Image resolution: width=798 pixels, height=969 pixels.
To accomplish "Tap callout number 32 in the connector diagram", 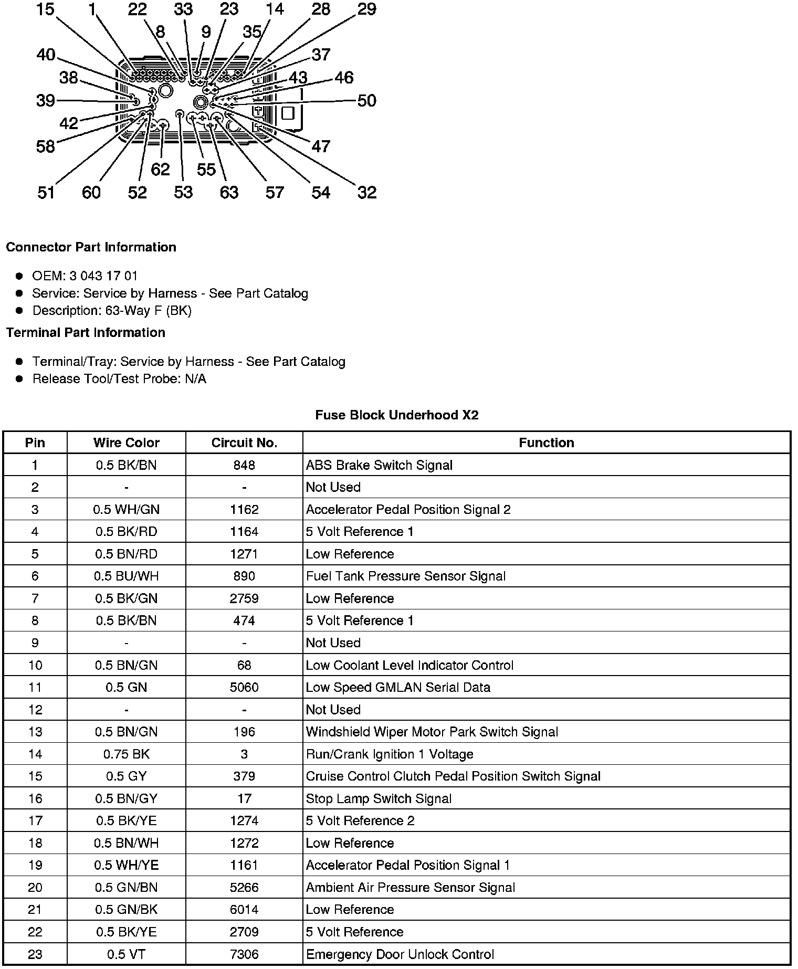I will tap(367, 192).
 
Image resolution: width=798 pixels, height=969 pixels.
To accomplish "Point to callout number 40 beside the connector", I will tap(46, 55).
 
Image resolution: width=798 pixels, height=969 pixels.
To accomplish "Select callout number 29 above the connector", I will tap(366, 9).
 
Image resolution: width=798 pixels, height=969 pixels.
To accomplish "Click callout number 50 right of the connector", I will tap(366, 100).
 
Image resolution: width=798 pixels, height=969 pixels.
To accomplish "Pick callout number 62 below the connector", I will tap(160, 169).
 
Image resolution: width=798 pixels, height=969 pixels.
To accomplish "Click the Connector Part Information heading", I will tap(91, 247).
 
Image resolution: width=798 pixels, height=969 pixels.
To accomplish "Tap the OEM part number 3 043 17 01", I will tap(103, 276).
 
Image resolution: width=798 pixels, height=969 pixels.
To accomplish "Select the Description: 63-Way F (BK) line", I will tap(112, 310).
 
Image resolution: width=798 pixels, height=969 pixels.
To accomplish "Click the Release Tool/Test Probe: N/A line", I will tap(119, 379).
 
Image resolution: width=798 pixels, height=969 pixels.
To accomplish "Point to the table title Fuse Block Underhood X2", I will tap(397, 415).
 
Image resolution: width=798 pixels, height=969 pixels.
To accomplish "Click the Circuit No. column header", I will tap(244, 443).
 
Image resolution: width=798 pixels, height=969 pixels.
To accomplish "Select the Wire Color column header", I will tap(126, 443).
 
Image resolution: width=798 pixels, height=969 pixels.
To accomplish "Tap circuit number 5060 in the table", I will tap(244, 687).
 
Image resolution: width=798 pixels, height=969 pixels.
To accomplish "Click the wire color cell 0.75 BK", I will tap(126, 754).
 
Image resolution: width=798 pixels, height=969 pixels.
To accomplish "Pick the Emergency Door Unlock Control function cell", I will tap(400, 954).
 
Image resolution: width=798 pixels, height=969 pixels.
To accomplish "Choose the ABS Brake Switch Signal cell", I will tap(379, 465).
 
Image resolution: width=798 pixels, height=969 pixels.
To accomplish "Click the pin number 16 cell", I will tap(35, 798).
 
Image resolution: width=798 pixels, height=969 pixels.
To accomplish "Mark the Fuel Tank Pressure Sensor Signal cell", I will tap(405, 576).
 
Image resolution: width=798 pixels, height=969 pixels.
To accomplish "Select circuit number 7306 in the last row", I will tap(244, 954).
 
